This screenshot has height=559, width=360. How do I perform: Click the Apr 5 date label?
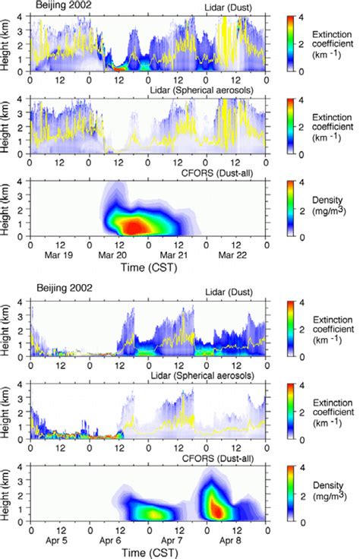click(59, 545)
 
